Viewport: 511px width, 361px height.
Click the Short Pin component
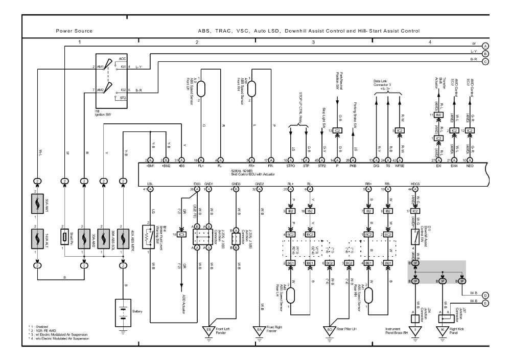64,237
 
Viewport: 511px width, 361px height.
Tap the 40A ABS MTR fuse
123,237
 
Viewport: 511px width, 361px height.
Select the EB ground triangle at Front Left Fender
210,329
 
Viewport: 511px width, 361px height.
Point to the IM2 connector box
438,115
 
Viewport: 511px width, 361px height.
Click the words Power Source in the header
74,31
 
